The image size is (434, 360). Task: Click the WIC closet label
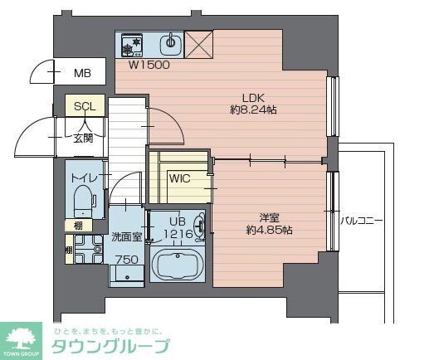pos(180,178)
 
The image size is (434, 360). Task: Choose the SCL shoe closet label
pos(84,107)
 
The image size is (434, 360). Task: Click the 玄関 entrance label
pos(82,139)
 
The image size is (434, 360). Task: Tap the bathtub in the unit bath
pos(178,268)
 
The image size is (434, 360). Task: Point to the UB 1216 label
pos(178,228)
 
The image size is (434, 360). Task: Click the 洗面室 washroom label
pos(127,237)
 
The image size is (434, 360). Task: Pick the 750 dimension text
pos(127,260)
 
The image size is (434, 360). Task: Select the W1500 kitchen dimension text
pos(149,63)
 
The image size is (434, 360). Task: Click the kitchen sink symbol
pos(171,41)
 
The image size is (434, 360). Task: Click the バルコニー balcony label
pos(361,221)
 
